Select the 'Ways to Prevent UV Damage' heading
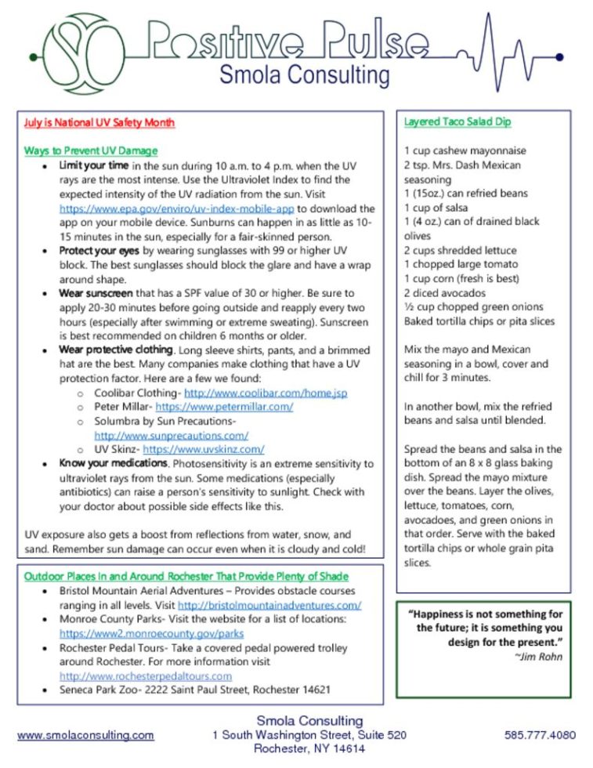[91, 150]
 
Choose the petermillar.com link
[224, 407]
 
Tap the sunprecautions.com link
[172, 435]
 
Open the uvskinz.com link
[204, 449]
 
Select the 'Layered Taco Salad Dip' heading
[457, 122]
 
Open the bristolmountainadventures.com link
[269, 605]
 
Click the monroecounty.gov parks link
[151, 633]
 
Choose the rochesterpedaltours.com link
[146, 676]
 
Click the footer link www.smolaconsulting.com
[85, 735]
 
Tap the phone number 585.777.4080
[540, 735]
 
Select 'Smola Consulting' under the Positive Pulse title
[304, 75]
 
